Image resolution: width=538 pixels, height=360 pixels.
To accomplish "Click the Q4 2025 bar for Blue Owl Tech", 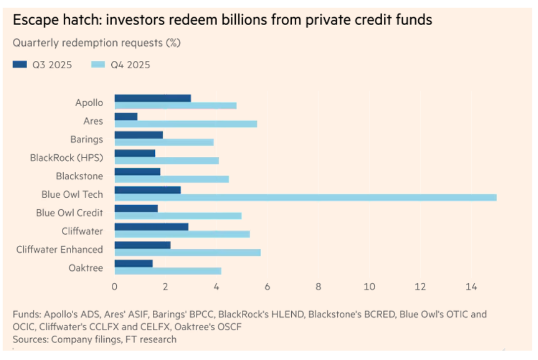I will pyautogui.click(x=305, y=197).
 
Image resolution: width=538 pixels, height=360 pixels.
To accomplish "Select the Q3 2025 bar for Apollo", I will pyautogui.click(x=152, y=98).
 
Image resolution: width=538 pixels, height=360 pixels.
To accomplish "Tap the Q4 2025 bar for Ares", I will pyautogui.click(x=185, y=124).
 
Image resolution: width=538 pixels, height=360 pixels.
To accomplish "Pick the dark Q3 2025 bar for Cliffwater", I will pyautogui.click(x=151, y=226).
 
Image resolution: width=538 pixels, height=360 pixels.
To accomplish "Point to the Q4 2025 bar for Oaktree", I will pyautogui.click(x=168, y=270).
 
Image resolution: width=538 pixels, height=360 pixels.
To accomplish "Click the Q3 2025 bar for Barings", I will pyautogui.click(x=138, y=135).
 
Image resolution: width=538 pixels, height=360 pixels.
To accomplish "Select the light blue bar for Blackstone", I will pyautogui.click(x=172, y=179).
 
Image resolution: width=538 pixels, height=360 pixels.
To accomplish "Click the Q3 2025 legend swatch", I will pyautogui.click(x=20, y=65).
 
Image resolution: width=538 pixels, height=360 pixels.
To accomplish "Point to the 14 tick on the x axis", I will pyautogui.click(x=471, y=287).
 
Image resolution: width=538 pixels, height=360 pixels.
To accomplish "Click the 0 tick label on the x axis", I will pyautogui.click(x=115, y=287).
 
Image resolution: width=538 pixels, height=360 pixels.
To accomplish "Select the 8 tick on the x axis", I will pyautogui.click(x=318, y=287).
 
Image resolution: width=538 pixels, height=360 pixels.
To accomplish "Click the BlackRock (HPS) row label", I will pyautogui.click(x=66, y=158).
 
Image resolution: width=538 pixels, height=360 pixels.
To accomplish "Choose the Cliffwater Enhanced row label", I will pyautogui.click(x=59, y=249).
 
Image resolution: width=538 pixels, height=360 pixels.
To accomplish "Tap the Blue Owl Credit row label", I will pyautogui.click(x=69, y=213).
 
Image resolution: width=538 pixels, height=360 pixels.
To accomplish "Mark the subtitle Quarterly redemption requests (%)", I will pyautogui.click(x=97, y=43).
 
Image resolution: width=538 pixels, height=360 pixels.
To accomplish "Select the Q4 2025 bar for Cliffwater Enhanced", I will pyautogui.click(x=187, y=252).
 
